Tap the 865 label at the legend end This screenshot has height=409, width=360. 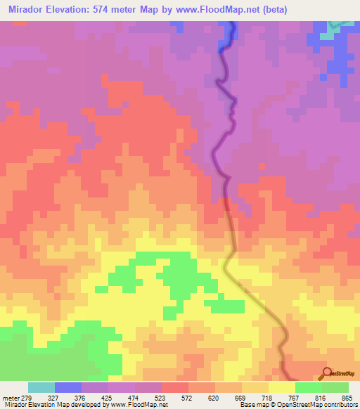point(346,397)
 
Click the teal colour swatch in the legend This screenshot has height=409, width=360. point(41,387)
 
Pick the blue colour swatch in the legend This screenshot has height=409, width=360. point(68,387)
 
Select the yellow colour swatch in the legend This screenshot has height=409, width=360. point(281,387)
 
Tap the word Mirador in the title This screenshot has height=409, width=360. point(28,10)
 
